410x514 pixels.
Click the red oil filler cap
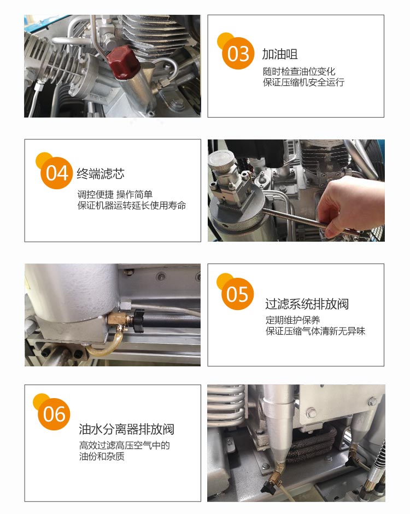[123, 62]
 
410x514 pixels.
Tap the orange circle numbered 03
[238, 53]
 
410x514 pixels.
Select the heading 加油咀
[279, 54]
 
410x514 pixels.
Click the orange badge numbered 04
[56, 173]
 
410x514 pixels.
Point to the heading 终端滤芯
[101, 173]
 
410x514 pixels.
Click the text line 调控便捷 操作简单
[115, 194]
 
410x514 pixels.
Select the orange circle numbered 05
[237, 294]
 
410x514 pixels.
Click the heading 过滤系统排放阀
[307, 304]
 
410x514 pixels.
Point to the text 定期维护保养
[292, 320]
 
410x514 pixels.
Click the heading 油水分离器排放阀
[126, 429]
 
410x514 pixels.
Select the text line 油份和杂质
[102, 456]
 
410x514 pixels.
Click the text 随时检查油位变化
[299, 71]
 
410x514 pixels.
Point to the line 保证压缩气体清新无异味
[315, 331]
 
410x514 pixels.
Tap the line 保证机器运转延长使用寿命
[132, 206]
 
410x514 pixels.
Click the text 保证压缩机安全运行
[303, 82]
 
